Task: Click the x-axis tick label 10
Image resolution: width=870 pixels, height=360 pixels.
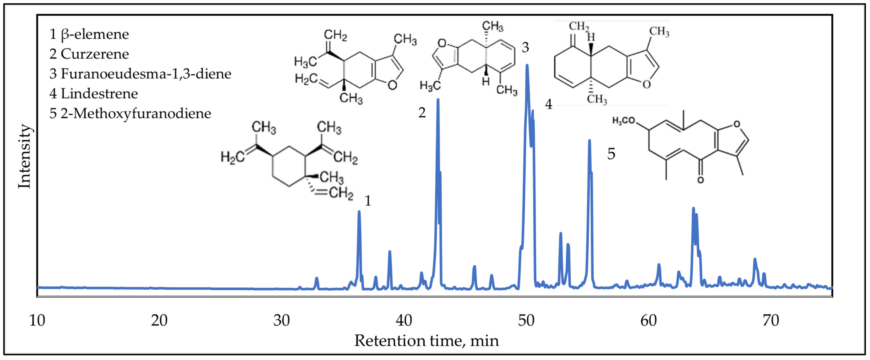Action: (37, 320)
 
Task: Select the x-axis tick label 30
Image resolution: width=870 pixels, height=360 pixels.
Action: (281, 320)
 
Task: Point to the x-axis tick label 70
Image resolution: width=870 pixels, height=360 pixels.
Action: (771, 320)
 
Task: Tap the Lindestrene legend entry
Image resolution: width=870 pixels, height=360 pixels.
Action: (94, 94)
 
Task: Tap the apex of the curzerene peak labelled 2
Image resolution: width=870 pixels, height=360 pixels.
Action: (438, 99)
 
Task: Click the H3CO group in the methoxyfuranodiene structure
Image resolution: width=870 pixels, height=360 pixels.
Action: (624, 121)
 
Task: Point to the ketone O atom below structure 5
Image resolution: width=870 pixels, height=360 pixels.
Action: (700, 180)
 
